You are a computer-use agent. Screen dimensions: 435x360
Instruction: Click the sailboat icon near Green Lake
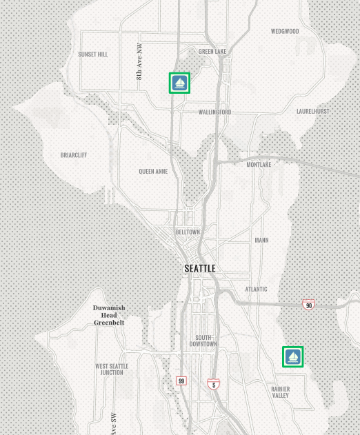tap(179, 83)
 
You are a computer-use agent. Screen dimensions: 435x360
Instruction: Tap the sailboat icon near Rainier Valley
tap(293, 356)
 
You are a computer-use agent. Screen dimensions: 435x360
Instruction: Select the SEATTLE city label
tap(200, 268)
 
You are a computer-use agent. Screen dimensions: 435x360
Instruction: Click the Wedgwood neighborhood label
tap(285, 31)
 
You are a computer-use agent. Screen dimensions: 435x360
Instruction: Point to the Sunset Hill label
tap(92, 54)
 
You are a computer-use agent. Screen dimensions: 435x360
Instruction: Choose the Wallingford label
tap(214, 112)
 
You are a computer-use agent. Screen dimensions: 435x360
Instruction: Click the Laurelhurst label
tap(312, 111)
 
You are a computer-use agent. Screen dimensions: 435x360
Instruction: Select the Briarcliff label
tap(74, 155)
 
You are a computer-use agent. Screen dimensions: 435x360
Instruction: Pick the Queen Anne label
tap(152, 172)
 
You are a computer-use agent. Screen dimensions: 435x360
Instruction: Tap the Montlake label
tap(259, 165)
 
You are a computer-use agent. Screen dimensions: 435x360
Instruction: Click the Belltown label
tap(188, 232)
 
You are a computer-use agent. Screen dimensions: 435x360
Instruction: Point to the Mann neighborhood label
tap(261, 241)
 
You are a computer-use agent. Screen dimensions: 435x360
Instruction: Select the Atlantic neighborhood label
tap(256, 289)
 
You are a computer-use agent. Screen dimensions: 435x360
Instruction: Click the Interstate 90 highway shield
tap(308, 305)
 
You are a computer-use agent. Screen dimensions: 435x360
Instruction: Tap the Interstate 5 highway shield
tap(214, 385)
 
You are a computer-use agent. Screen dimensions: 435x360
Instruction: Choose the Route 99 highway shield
tap(181, 381)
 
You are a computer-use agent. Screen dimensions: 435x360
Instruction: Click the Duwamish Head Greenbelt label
tap(109, 315)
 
